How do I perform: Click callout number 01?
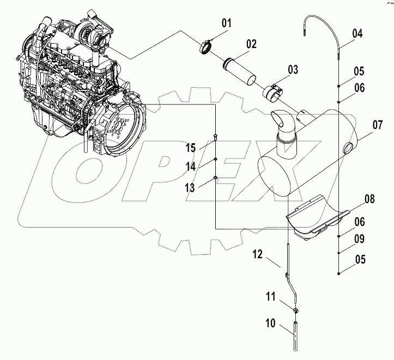point(226,23)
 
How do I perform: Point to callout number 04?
point(357,33)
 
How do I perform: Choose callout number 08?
point(369,199)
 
